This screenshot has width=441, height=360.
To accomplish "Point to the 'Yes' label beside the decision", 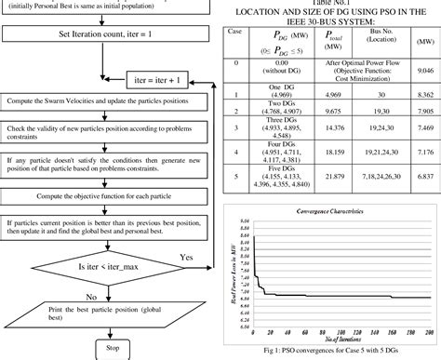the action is coord(187,256).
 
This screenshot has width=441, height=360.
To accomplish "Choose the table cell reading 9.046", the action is coord(423,70).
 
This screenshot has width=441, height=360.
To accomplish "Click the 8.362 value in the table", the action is coord(423,94).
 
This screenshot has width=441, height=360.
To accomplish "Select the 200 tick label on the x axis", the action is coord(429,332).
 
